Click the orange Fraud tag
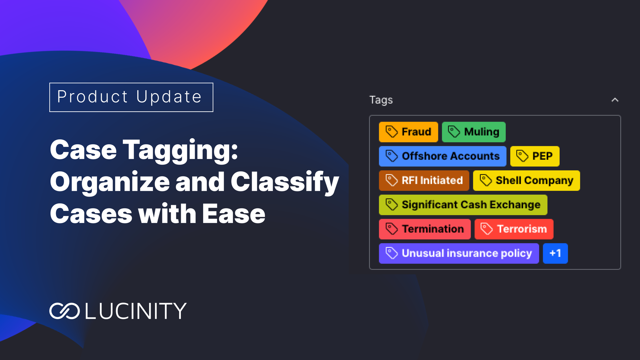tap(408, 132)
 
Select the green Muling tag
tap(474, 132)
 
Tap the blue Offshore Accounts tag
tap(443, 156)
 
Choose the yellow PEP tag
tap(535, 156)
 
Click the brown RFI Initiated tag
tap(424, 180)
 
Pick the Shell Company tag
tap(526, 180)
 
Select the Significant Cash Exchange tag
tap(463, 205)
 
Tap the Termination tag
tap(425, 229)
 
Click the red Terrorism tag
tap(514, 229)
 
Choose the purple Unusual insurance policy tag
tap(459, 253)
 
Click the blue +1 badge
tap(555, 253)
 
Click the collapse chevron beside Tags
tap(615, 100)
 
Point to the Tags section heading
tap(381, 100)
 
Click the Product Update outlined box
tap(131, 97)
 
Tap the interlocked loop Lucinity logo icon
tap(64, 311)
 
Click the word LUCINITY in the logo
tap(136, 311)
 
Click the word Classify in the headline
tap(284, 182)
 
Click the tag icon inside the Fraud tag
tap(391, 132)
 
